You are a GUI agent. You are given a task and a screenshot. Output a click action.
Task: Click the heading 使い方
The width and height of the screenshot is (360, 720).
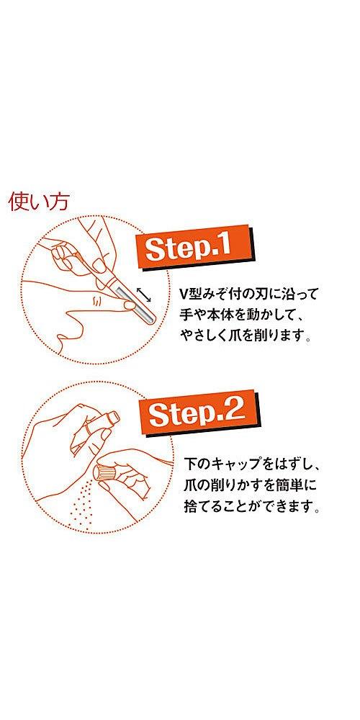pyautogui.click(x=38, y=201)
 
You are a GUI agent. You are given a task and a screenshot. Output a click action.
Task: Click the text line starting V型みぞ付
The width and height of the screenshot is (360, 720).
pyautogui.click(x=248, y=295)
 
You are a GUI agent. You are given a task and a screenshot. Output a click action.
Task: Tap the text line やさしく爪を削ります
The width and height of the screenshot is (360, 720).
pyautogui.click(x=247, y=336)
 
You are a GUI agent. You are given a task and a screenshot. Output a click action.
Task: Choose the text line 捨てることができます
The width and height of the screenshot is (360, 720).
pyautogui.click(x=247, y=506)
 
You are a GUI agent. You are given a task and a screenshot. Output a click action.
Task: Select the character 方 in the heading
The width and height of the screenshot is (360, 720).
pyautogui.click(x=58, y=201)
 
